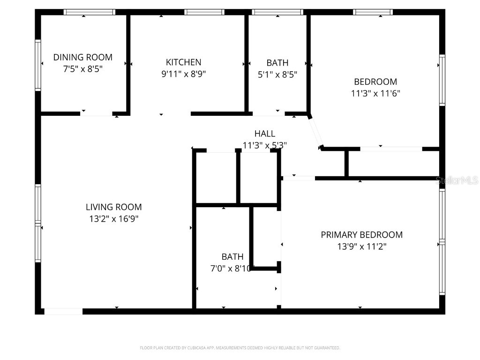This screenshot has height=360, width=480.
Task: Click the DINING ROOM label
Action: (83, 57)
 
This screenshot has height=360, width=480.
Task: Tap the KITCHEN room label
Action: (184, 62)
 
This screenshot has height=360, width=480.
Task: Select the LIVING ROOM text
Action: (113, 207)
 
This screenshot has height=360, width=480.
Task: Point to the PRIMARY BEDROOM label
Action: (361, 234)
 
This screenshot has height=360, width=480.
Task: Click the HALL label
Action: (265, 134)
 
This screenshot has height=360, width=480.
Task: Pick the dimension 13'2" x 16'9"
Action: (113, 218)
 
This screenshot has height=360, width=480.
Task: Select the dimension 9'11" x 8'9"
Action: (184, 74)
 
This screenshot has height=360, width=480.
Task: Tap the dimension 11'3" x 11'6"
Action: (375, 93)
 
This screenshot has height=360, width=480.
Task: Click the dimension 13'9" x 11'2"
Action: (361, 246)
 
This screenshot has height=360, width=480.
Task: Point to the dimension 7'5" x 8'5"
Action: (83, 69)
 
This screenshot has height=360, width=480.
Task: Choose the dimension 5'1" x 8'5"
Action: (277, 74)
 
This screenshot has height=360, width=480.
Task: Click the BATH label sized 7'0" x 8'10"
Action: (232, 256)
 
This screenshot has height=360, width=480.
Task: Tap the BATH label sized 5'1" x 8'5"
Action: (277, 62)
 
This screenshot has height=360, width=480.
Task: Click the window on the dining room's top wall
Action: (90, 12)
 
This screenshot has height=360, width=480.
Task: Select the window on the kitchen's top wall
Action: (204, 12)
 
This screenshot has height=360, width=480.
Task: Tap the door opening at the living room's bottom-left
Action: (63, 311)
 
